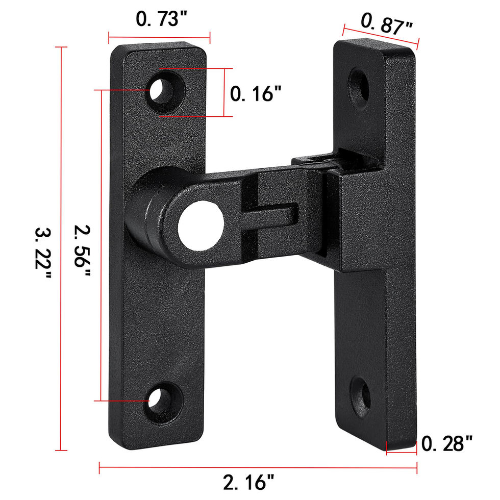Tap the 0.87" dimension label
point(387,24)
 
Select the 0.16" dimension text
point(256,94)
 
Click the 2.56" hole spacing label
point(83,251)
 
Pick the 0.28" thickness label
point(447,443)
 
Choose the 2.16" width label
point(248,482)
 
